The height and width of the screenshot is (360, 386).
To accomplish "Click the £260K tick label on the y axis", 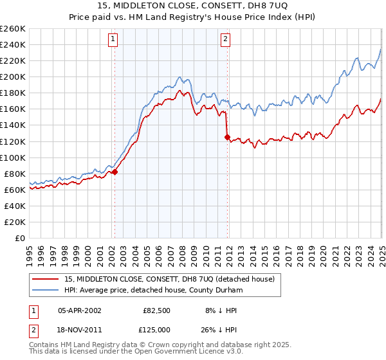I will point(13,29).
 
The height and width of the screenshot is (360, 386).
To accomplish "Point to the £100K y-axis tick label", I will point(13,157).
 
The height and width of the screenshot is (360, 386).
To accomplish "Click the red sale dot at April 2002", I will point(115,172).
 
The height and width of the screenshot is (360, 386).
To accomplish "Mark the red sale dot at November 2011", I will point(227,137).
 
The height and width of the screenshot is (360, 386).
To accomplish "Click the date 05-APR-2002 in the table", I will point(79,310).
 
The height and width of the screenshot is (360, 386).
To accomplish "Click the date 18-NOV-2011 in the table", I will point(79,329).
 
